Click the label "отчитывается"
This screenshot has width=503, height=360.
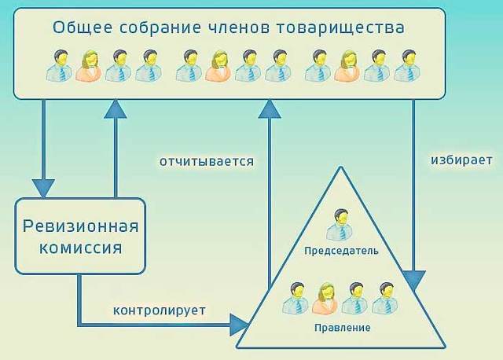pyautogui.click(x=207, y=161)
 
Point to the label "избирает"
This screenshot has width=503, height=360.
pyautogui.click(x=461, y=159)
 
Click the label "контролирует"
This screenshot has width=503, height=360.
pyautogui.click(x=160, y=310)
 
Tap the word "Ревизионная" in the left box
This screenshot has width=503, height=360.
pyautogui.click(x=81, y=227)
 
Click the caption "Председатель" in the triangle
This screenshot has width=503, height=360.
pyautogui.click(x=341, y=251)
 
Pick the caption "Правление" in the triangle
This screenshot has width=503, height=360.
pyautogui.click(x=341, y=327)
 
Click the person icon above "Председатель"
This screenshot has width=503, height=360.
pyautogui.click(x=340, y=225)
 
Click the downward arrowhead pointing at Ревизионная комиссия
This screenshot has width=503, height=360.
pyautogui.click(x=42, y=187)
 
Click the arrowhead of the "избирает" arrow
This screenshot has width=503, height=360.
pyautogui.click(x=413, y=280)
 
